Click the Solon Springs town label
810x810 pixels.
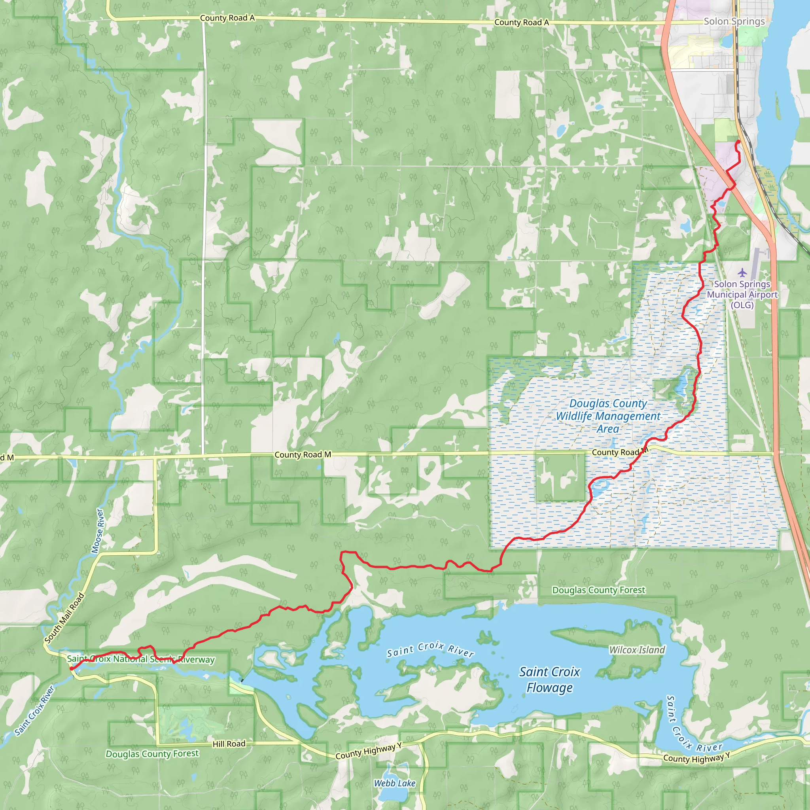click(734, 21)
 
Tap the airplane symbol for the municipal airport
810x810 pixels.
click(742, 273)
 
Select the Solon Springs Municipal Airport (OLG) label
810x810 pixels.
click(742, 294)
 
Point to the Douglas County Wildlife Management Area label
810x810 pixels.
click(608, 416)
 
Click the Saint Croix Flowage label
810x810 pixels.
click(550, 679)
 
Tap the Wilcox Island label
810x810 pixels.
click(637, 650)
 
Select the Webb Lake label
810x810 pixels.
click(394, 783)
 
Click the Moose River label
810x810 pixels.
click(97, 531)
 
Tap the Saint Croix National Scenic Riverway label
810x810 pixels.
click(141, 659)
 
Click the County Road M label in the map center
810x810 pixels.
click(303, 454)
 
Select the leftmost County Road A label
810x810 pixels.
click(227, 18)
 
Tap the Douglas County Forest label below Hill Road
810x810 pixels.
click(152, 754)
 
